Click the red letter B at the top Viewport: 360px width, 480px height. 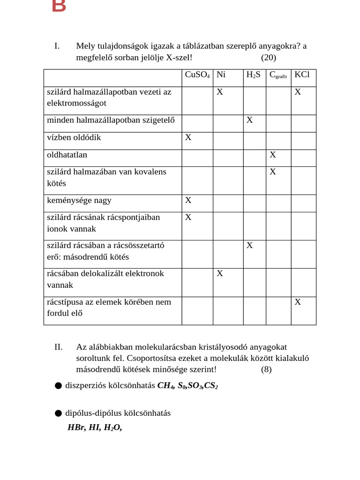59,6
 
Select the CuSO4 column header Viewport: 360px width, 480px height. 197,75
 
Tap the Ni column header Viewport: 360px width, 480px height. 221,75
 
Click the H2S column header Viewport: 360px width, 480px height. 253,75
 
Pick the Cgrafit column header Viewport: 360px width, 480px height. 278,75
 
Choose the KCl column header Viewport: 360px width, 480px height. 302,75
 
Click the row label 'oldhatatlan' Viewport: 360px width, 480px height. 67,155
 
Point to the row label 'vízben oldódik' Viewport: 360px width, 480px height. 74,137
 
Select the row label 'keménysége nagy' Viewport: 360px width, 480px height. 79,200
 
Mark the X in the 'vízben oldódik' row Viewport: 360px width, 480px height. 188,137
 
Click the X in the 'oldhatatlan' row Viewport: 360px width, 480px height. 273,155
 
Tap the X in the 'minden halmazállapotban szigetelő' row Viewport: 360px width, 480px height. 250,120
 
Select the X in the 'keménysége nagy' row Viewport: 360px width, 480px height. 188,200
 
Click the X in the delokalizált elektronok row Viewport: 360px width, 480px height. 220,273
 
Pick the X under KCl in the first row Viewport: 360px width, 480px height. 298,92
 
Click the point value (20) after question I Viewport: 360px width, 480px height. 269,58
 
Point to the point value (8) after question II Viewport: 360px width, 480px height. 266,369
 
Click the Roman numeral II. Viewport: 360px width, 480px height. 59,347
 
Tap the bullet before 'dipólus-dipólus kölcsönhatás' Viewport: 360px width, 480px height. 58,413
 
